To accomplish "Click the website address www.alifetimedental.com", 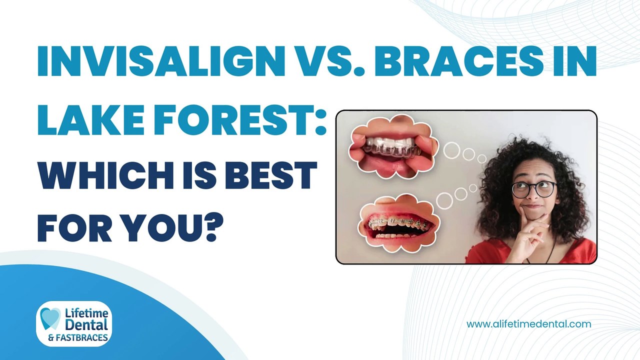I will (528, 324).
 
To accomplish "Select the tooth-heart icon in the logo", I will (50, 318).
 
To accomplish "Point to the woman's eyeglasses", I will (533, 189).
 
